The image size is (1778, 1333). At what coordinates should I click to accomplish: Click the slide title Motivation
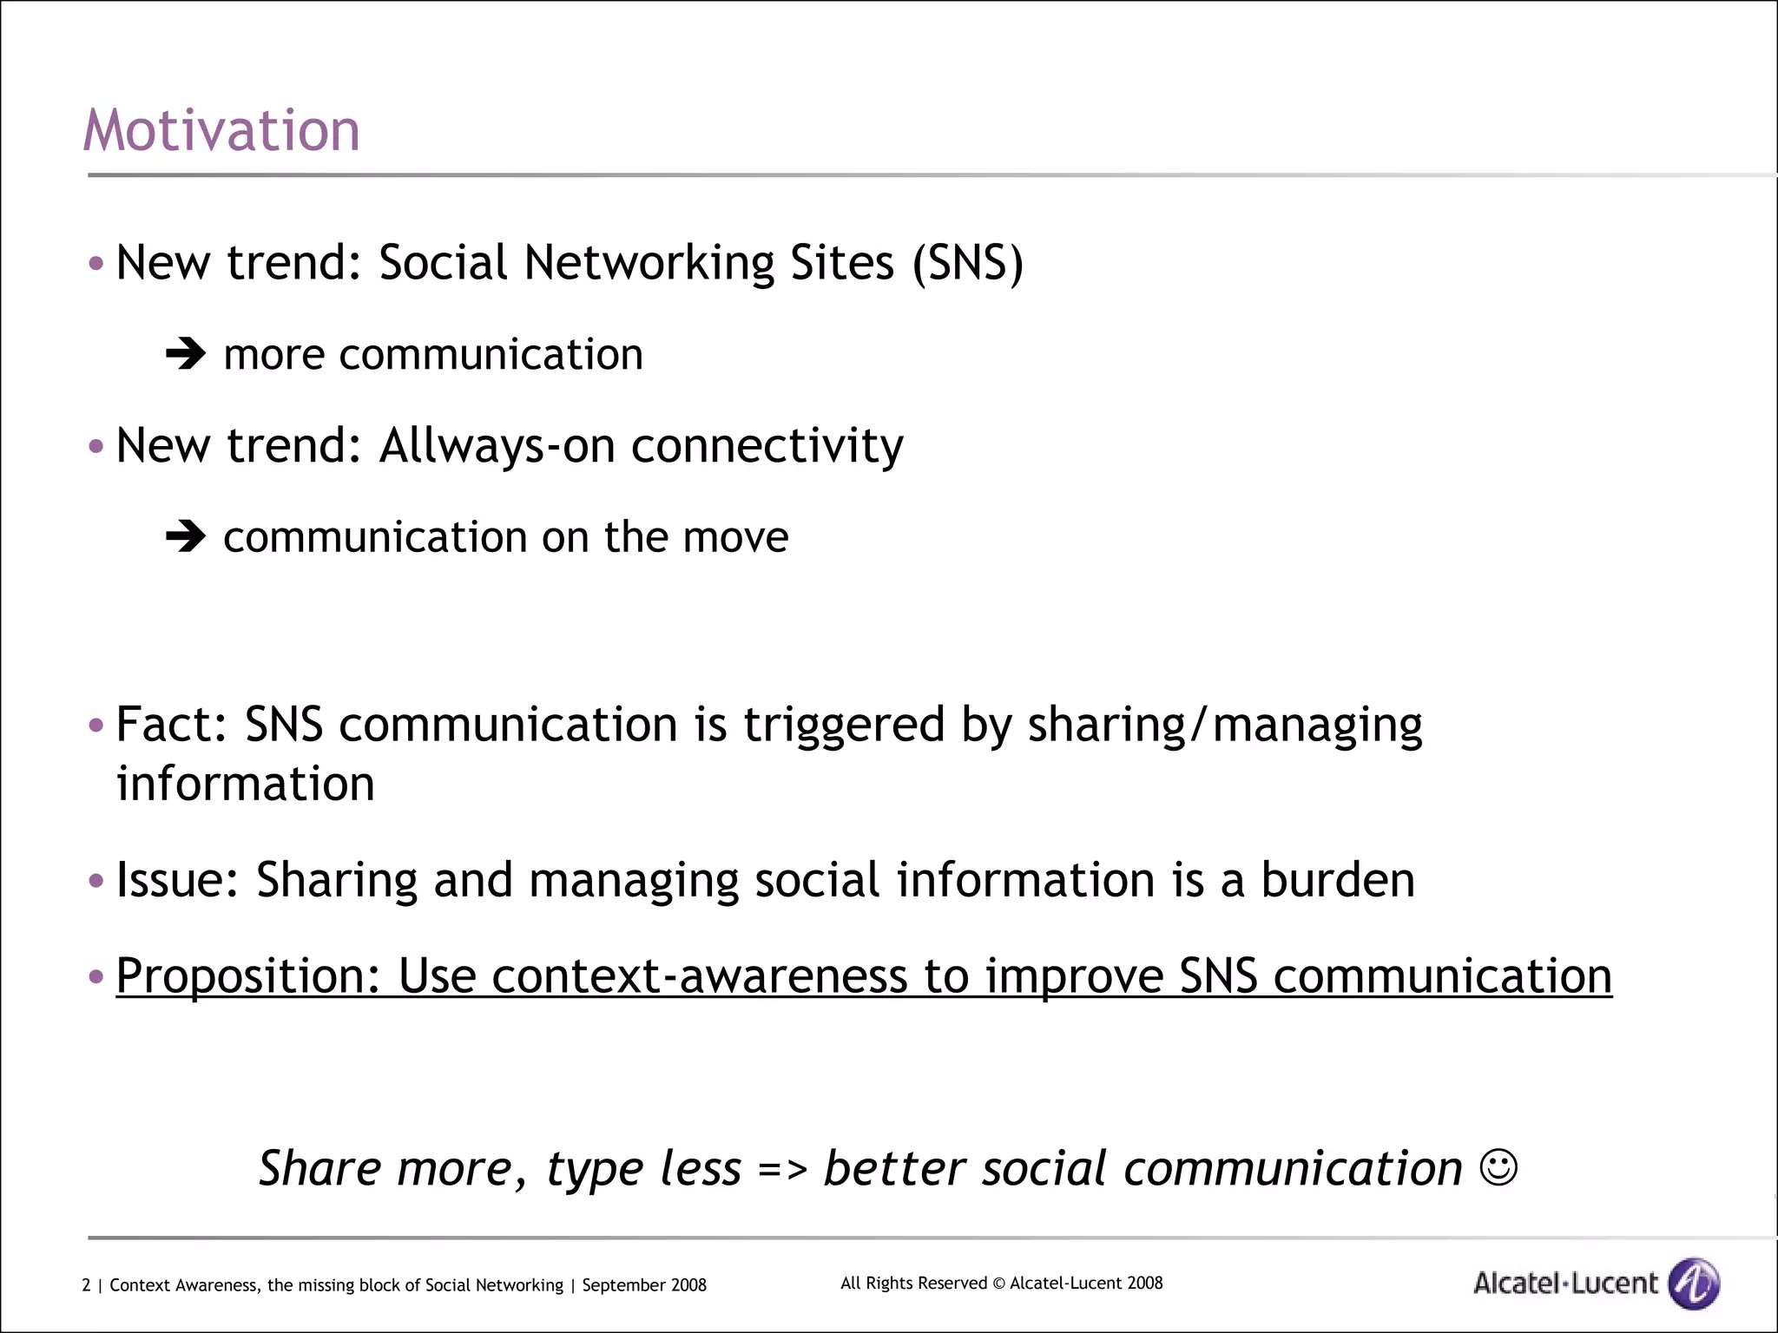[x=221, y=131]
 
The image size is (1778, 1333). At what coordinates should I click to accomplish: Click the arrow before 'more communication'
[x=185, y=353]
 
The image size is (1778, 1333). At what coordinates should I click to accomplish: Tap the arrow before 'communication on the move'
[x=185, y=536]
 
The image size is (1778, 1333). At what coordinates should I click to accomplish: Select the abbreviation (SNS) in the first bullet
[x=968, y=262]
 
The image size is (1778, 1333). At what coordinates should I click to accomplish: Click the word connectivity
[x=767, y=446]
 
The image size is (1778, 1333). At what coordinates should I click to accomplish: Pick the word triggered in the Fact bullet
[x=843, y=725]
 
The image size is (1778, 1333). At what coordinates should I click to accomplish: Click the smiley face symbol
[x=1498, y=1167]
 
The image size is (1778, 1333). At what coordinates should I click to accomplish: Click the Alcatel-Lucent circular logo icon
[x=1695, y=1283]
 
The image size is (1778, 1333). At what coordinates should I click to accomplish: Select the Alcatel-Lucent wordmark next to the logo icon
[x=1565, y=1283]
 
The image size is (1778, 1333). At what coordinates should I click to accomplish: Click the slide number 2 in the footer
[x=86, y=1285]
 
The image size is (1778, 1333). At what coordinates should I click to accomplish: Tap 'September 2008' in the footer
[x=644, y=1285]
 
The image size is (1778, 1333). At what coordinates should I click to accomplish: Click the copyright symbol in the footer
[x=998, y=1284]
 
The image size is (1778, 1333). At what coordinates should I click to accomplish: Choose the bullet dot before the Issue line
[x=96, y=881]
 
